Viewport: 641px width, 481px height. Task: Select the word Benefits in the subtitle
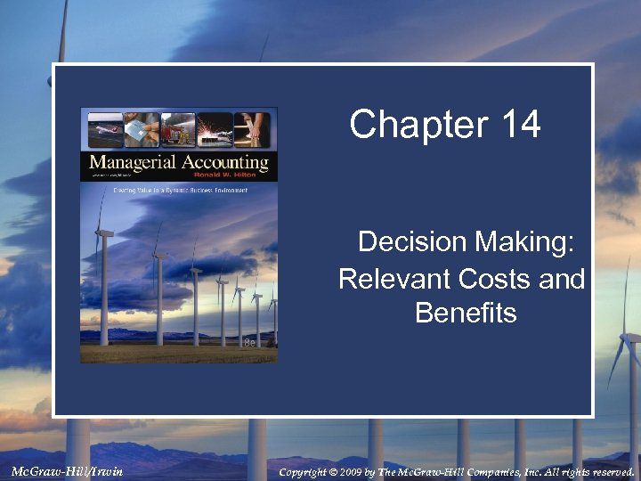[466, 314]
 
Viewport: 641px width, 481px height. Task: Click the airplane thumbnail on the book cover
[103, 129]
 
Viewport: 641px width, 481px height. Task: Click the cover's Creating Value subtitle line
[178, 189]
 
